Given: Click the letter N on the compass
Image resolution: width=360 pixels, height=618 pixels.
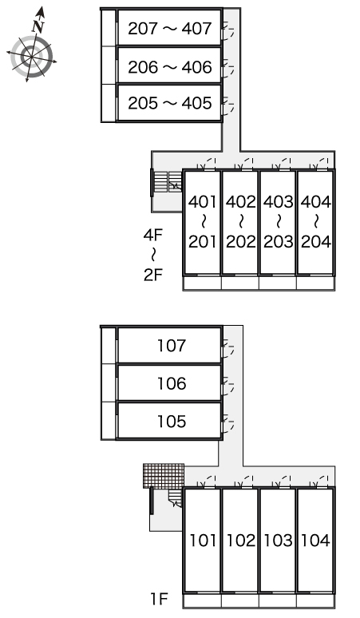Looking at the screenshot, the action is coord(38,26).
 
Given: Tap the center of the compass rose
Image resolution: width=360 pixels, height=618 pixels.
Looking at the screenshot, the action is coord(31,57).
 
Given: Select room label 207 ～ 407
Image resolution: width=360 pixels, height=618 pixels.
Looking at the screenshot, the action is coord(170,29).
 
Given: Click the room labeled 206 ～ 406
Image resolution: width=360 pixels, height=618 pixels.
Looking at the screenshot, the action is coord(170,67).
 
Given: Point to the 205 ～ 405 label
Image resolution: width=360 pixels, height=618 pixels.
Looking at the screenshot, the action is coord(170,103).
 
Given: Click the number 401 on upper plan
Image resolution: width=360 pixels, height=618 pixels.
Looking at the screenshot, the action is coord(203,202).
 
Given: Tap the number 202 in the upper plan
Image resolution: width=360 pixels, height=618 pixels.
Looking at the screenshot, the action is coord(240,242).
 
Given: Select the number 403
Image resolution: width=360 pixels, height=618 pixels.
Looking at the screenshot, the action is coord(278,202).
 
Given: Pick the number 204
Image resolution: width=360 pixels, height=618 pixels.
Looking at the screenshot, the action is coord(316,242).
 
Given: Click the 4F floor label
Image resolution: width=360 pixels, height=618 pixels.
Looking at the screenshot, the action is coord(152,236).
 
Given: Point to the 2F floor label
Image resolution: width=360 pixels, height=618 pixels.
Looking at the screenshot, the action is coord(152,275).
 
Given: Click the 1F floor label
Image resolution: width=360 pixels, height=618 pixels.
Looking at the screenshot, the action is coord(160,599).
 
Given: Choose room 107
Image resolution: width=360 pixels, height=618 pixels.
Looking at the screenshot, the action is coord(172,346).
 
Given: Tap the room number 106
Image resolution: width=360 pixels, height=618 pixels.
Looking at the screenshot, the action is coord(172,383).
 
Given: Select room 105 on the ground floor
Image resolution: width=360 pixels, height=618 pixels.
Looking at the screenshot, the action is coord(172,422).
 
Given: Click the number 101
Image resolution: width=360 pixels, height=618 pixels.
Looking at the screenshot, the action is coord(203,541).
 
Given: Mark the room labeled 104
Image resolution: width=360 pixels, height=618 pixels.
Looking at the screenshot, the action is coord(316,541).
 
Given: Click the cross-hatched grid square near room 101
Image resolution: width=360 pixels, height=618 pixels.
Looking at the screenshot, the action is coord(164,476).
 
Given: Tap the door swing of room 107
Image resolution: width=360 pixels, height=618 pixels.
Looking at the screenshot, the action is coord(228,347).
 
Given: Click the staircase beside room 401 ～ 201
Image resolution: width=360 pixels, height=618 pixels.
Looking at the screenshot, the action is coord(168,182).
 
